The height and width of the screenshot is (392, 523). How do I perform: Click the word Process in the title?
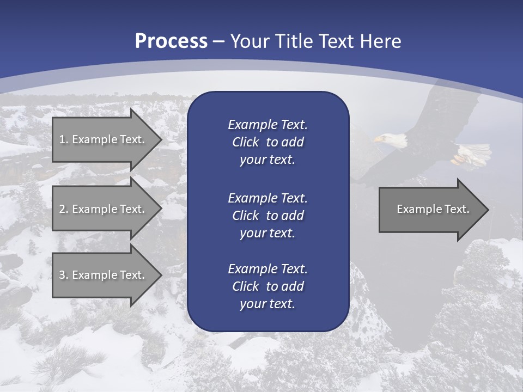click(x=171, y=41)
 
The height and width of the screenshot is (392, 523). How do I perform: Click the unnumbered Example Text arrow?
click(x=433, y=209)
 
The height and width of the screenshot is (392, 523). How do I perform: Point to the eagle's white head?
click(x=394, y=140)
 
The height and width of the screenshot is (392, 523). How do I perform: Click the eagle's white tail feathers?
click(x=470, y=153)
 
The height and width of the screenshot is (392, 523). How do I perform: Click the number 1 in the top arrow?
click(x=62, y=139)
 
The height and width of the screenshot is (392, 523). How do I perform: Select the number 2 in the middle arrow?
click(x=62, y=209)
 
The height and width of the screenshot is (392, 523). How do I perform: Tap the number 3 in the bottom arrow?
click(x=62, y=275)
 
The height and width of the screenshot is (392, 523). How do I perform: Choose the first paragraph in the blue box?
click(x=267, y=142)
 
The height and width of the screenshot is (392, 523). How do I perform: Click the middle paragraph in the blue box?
click(x=267, y=215)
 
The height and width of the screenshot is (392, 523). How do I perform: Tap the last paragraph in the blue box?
click(x=267, y=286)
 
